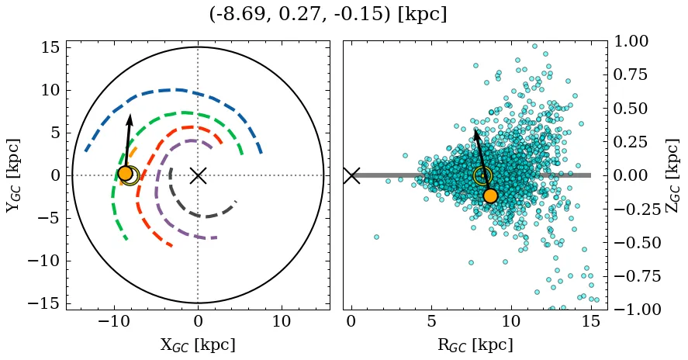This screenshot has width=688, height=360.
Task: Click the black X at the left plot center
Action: [x=198, y=175]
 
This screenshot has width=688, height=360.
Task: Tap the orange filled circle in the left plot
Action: [x=125, y=174]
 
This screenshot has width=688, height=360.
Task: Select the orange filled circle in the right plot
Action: [x=490, y=195]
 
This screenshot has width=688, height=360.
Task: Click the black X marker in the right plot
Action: [x=351, y=175]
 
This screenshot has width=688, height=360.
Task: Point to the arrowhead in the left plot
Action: [x=130, y=119]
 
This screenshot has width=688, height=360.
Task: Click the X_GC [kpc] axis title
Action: [x=198, y=344]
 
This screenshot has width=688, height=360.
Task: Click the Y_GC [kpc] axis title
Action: [x=14, y=175]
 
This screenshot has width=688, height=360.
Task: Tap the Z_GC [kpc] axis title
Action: [x=672, y=175]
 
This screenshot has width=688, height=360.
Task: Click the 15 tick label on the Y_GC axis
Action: [x=50, y=47]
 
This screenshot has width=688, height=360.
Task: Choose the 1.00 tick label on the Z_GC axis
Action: [x=635, y=41]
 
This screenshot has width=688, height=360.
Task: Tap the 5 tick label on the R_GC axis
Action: [x=431, y=321]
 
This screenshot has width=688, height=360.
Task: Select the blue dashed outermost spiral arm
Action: [x=178, y=90]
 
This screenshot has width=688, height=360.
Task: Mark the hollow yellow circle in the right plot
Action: [x=482, y=176]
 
